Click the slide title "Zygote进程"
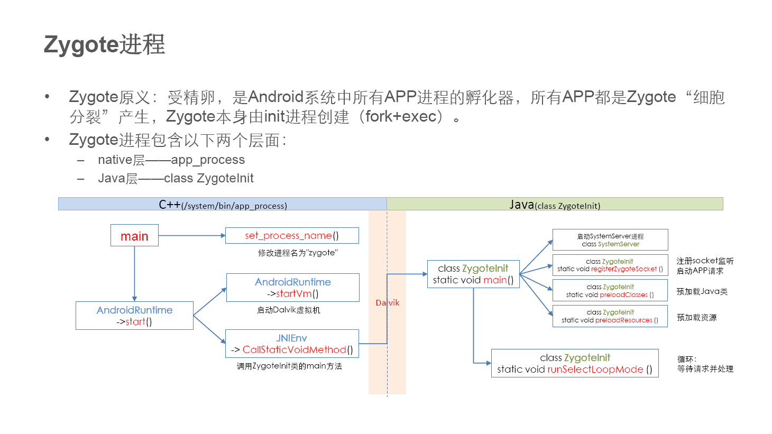coord(104,44)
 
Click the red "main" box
coord(134,236)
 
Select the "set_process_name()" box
coord(292,236)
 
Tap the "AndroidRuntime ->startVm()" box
coord(292,288)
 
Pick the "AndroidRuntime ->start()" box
coord(134,316)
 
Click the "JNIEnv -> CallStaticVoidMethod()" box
coord(292,344)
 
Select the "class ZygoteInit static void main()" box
coord(473,274)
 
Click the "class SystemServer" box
coord(610,240)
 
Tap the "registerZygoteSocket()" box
coord(610,265)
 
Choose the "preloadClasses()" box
coord(610,291)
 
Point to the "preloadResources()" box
coord(610,316)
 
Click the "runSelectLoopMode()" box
coord(575,363)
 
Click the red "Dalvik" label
coord(388,303)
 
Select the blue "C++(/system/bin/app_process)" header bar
coord(223,205)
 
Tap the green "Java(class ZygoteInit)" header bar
coord(555,205)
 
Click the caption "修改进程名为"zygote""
coord(298,253)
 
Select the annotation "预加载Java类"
coord(702,291)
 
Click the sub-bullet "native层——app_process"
coord(171,160)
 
